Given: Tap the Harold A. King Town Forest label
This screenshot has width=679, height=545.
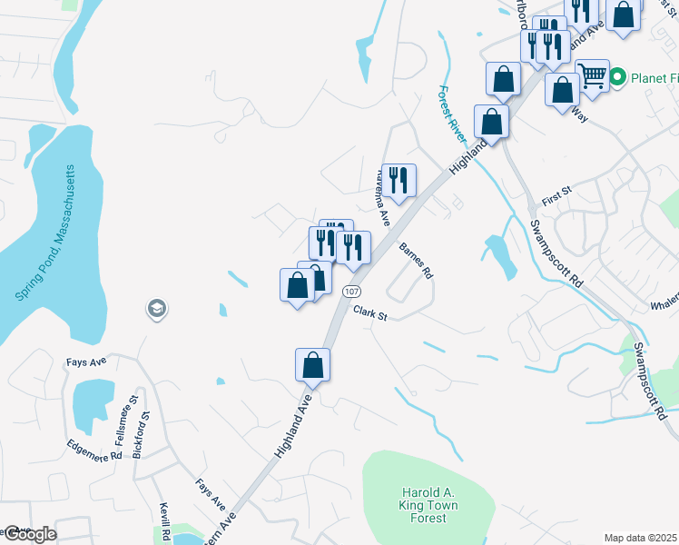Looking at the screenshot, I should (x=426, y=505).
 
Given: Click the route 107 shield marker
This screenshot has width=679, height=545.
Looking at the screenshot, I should (x=349, y=291).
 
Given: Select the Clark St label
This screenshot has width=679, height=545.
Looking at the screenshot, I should (x=369, y=316).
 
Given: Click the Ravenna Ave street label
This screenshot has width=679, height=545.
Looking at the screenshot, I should (x=381, y=196).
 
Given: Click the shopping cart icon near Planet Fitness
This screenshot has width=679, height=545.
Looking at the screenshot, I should (x=592, y=76).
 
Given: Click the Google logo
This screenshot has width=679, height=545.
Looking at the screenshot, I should (x=29, y=534).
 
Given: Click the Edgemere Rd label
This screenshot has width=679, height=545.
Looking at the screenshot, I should (x=93, y=450).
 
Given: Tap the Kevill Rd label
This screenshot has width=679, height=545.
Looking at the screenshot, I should (x=166, y=522).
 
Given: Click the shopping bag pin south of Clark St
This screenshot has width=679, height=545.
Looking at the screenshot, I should (x=312, y=365).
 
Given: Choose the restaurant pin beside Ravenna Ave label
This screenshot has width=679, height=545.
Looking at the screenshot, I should (x=398, y=180).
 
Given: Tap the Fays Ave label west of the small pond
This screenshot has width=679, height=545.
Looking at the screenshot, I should (x=86, y=361).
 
